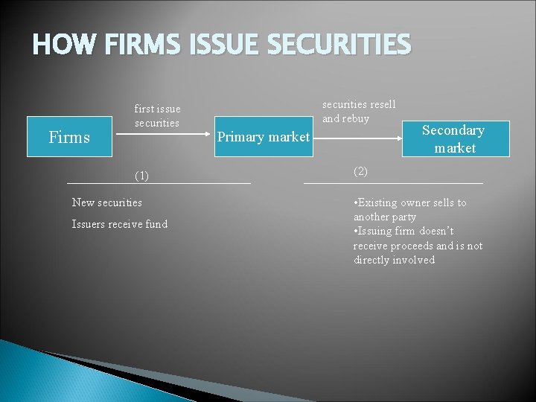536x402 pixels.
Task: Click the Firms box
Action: click(x=68, y=137)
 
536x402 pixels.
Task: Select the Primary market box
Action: click(x=263, y=137)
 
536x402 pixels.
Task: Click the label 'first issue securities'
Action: click(x=157, y=116)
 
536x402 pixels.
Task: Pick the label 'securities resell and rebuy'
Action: click(x=358, y=111)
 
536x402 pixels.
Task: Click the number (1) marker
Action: click(x=141, y=176)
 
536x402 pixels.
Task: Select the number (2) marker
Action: click(x=360, y=171)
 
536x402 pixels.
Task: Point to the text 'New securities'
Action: click(x=106, y=202)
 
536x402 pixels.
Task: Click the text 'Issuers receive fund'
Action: click(x=119, y=224)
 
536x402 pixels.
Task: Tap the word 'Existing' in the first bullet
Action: click(x=377, y=202)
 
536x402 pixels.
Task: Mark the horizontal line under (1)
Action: click(x=159, y=183)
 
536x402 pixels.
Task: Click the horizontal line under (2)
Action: click(x=393, y=183)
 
